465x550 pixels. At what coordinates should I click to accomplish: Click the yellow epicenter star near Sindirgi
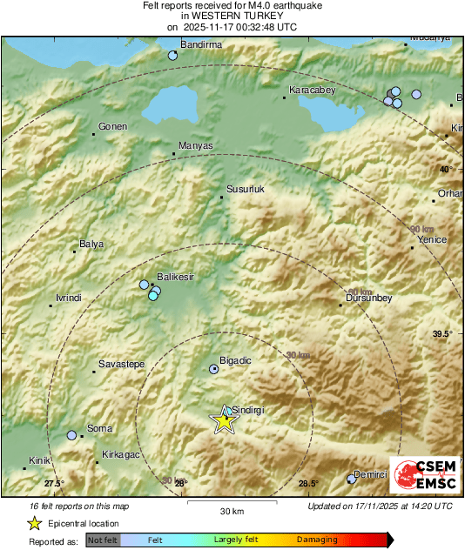[225, 421]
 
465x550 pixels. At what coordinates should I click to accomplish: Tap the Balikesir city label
[174, 277]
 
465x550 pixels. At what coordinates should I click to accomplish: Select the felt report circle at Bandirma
[172, 56]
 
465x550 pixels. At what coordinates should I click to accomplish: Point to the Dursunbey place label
[370, 298]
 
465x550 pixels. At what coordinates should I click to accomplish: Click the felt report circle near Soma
[71, 435]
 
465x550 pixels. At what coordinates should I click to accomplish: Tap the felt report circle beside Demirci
[352, 478]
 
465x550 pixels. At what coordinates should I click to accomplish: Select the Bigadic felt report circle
[214, 369]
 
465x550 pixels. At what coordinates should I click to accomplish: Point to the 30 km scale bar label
[231, 510]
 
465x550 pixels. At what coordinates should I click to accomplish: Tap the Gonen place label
[113, 127]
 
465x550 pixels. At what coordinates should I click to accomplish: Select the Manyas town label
[195, 145]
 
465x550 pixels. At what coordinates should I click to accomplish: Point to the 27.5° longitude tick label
[54, 484]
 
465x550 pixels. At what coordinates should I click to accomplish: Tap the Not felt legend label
[103, 540]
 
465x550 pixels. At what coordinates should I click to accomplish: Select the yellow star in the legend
[34, 524]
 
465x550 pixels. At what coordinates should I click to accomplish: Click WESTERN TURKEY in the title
[232, 16]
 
